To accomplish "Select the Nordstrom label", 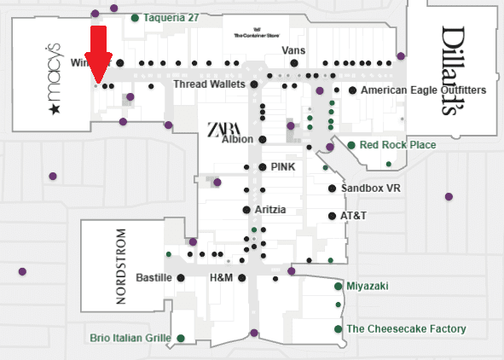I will tap(119, 267).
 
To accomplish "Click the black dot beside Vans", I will tap(293, 62).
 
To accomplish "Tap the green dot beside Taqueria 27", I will tap(135, 17).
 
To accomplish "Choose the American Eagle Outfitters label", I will tap(423, 90).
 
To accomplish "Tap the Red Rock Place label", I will tap(397, 145).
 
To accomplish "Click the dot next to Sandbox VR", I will tap(332, 189).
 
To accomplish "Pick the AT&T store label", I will tap(353, 216).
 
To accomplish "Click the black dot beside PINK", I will tap(262, 166).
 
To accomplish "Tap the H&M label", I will tap(221, 278).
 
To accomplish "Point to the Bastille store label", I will tap(154, 278).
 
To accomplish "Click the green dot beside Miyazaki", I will tap(339, 286).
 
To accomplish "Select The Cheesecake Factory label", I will tap(406, 329).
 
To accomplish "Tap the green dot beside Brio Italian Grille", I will tap(181, 339).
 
